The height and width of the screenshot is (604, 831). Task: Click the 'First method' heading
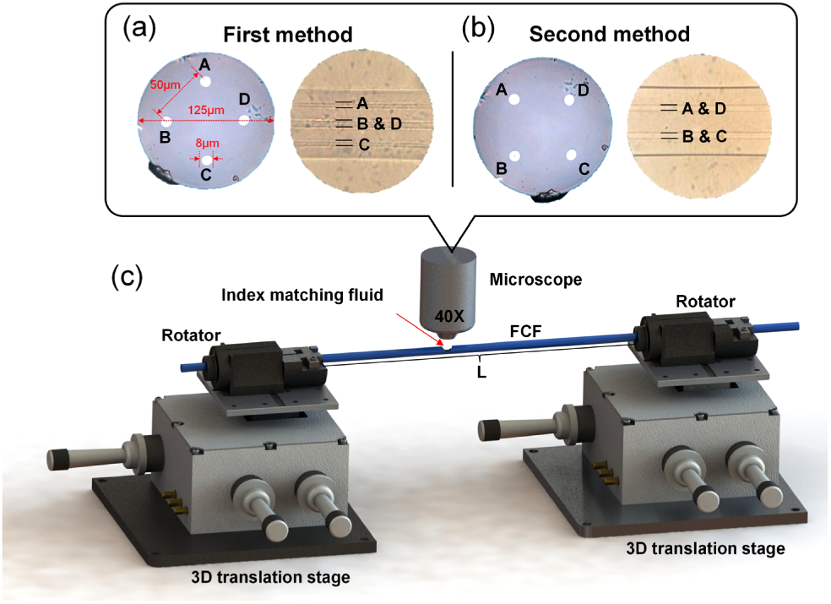[287, 36]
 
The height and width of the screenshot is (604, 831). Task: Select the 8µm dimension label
[206, 144]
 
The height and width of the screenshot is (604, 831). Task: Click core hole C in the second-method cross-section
[572, 155]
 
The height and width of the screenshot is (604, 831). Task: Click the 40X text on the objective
[448, 317]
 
